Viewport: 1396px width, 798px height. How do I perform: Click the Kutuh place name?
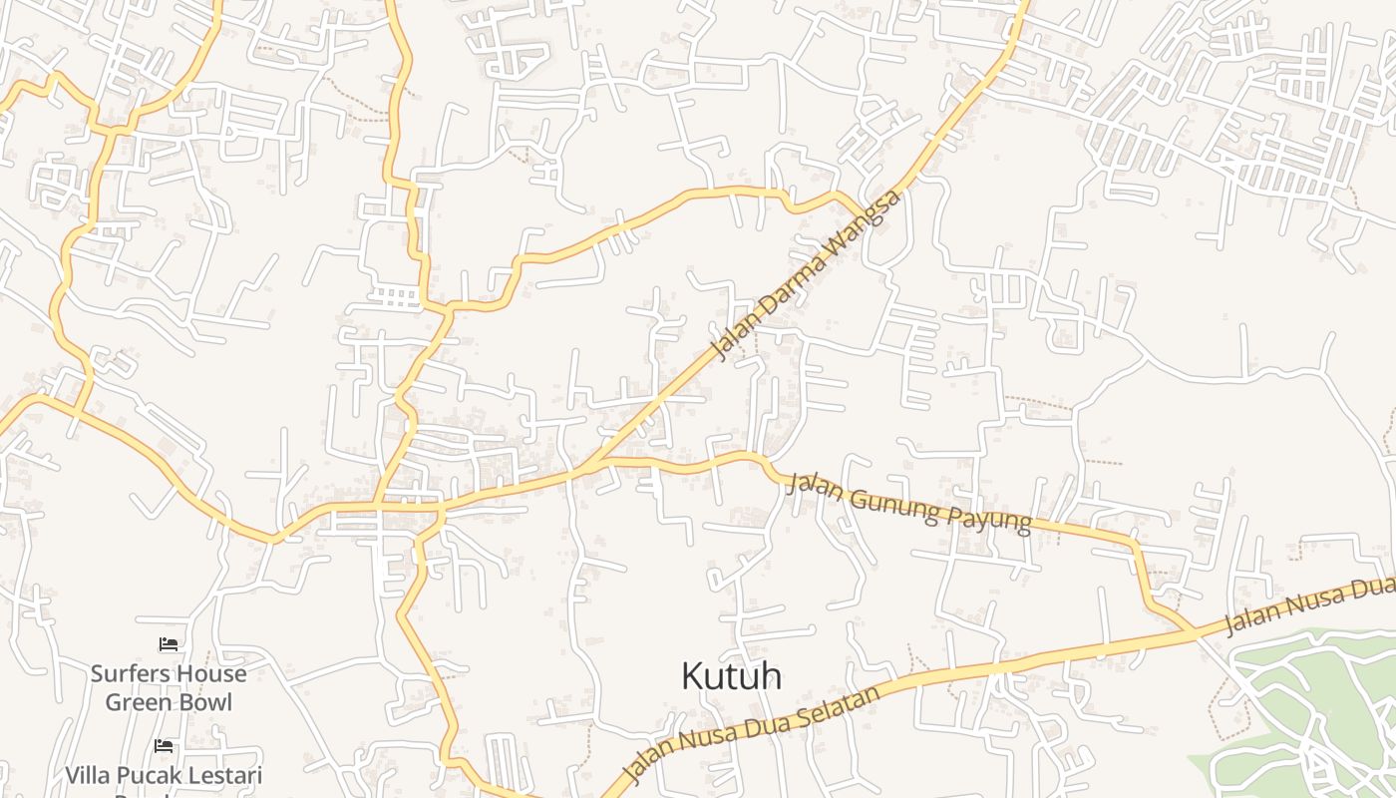731,676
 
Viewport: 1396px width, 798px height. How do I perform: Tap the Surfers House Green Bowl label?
169,687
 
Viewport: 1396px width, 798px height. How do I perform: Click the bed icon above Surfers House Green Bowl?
169,644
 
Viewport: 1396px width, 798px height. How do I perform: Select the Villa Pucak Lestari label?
164,775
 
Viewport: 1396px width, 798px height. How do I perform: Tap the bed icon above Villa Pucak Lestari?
164,745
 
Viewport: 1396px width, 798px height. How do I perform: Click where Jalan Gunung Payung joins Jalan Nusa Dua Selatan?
1192,632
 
